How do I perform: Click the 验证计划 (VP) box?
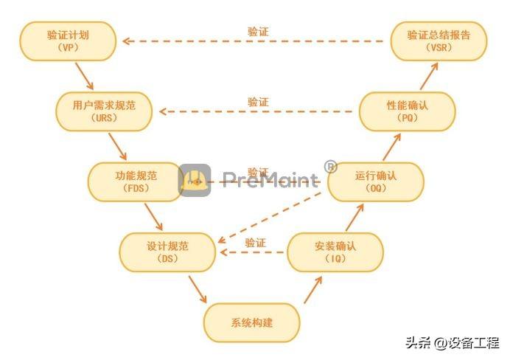tap(68, 41)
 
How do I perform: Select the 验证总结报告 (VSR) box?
tap(439, 41)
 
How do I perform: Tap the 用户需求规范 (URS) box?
tap(104, 111)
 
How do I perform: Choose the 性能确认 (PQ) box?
tap(408, 111)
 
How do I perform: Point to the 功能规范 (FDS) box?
tap(136, 182)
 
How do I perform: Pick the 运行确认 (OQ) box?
tap(376, 182)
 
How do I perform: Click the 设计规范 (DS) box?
tap(167, 252)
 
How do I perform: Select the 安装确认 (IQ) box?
tap(335, 252)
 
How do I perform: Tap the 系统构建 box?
tap(252, 322)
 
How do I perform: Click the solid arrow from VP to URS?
tap(85, 77)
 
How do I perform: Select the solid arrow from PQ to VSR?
tap(429, 76)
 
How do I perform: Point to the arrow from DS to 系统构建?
tap(198, 290)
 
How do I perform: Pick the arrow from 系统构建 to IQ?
tap(313, 290)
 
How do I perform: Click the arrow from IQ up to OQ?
tap(354, 218)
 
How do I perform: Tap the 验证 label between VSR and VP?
tap(258, 32)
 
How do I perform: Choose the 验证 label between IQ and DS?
tap(255, 243)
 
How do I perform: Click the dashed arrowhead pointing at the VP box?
tap(127, 41)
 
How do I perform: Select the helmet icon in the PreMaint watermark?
tap(195, 180)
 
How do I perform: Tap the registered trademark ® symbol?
tap(330, 166)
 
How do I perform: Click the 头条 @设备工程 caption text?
tap(453, 343)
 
